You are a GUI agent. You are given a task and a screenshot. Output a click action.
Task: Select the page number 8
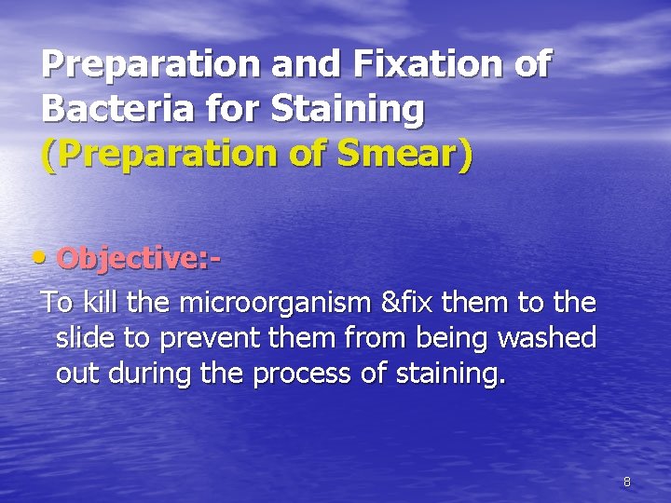coord(626,482)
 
